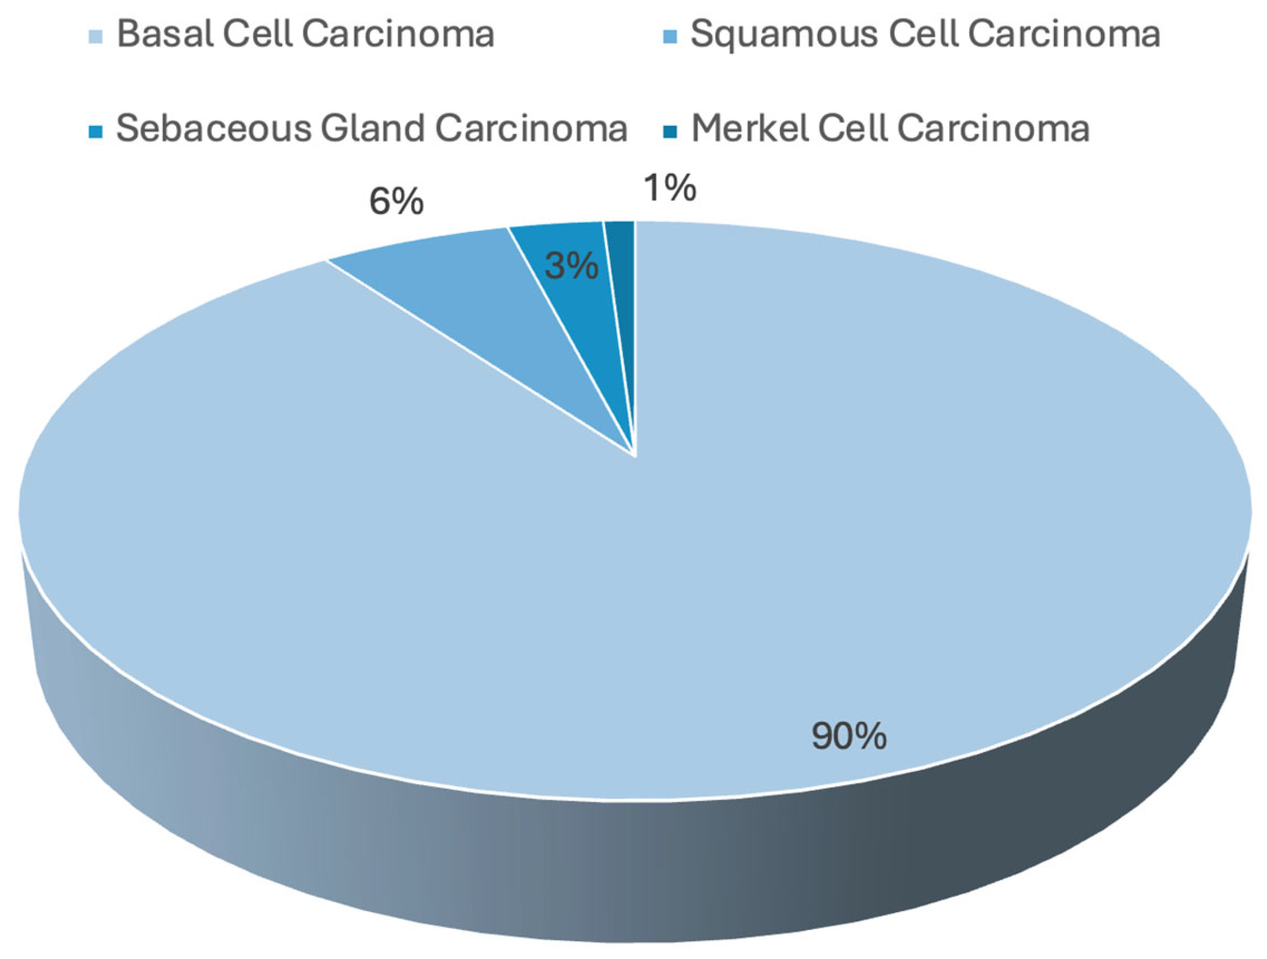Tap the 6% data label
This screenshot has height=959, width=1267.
coord(396,202)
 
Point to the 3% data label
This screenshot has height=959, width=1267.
coord(572,266)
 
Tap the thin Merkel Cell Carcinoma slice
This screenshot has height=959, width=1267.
coord(624,296)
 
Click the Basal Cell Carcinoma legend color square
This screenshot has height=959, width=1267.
coord(95,35)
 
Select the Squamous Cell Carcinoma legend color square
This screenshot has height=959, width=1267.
coord(670,35)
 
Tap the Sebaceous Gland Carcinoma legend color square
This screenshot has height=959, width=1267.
coord(95,131)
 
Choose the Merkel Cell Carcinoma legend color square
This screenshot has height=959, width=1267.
coord(670,131)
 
